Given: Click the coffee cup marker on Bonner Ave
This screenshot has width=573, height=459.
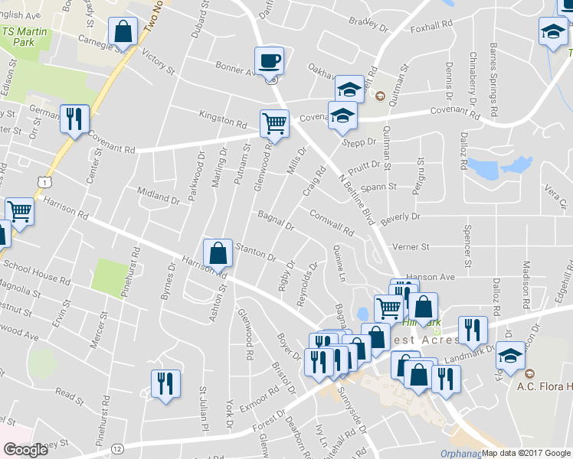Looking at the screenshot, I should click(268, 60).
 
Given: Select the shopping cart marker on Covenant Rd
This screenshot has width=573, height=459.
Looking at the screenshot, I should click(274, 122).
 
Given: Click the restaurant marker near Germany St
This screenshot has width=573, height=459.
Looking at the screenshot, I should click(74, 119).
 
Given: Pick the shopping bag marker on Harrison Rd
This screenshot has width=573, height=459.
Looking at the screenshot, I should click(218, 253).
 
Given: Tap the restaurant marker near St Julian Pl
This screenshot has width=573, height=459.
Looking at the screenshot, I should click(165, 383).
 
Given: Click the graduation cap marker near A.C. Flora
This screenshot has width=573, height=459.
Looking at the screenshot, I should click(510, 356).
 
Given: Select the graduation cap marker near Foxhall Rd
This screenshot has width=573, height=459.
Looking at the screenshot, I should click(552, 32).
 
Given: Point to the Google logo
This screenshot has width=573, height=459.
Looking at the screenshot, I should click(25, 450).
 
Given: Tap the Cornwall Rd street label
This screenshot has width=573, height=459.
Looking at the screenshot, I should click(332, 222).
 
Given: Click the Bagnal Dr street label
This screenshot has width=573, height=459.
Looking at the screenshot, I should click(277, 220).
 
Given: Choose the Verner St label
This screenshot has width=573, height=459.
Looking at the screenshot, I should click(411, 247).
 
